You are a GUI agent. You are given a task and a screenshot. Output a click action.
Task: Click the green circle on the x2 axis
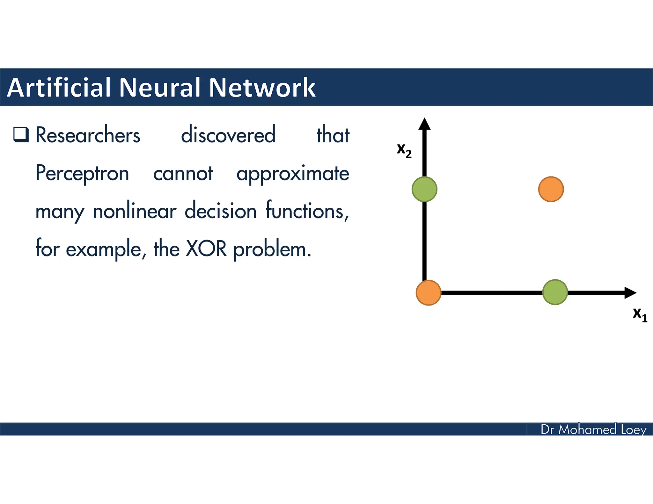(x=424, y=189)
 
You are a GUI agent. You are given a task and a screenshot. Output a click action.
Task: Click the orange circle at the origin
(x=429, y=292)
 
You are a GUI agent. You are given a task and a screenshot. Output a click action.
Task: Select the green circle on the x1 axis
(x=555, y=292)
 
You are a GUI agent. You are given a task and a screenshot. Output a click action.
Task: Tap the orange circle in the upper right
(x=551, y=189)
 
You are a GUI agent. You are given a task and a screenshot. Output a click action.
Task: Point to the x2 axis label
(x=404, y=150)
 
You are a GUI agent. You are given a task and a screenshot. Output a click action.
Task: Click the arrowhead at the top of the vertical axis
(x=424, y=124)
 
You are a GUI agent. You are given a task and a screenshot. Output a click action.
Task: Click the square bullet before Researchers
(x=21, y=134)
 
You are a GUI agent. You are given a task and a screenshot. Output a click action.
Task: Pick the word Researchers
(x=88, y=135)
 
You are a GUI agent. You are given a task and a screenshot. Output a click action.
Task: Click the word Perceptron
(x=82, y=174)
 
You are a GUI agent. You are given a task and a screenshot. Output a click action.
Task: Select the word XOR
(x=206, y=248)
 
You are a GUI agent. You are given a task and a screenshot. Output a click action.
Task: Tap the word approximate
(x=293, y=174)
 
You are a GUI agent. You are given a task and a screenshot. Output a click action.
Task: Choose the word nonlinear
(x=134, y=211)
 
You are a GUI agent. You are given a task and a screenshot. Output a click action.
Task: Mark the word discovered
(x=228, y=135)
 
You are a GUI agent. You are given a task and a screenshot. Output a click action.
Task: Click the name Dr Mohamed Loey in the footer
(x=593, y=429)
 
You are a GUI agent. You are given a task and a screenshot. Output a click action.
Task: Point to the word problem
(x=272, y=249)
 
